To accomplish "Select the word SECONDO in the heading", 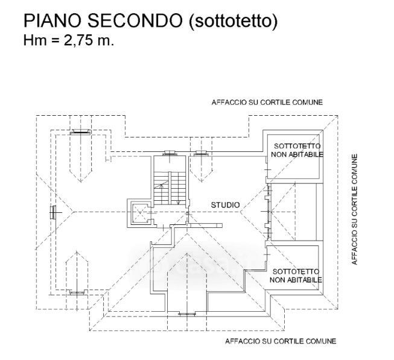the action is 135,21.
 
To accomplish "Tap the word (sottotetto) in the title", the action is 233,21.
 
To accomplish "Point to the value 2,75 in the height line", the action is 78,40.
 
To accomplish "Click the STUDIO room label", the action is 226,205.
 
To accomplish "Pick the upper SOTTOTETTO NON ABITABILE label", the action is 297,150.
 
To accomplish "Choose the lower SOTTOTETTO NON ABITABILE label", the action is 296,276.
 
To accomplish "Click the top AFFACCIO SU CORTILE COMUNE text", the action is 267,103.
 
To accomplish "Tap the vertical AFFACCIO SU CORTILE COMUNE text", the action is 354,209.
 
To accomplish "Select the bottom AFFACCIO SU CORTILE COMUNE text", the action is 281,341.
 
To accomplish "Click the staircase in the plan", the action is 170,188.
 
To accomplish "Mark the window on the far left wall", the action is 53,212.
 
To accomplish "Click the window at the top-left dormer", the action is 80,131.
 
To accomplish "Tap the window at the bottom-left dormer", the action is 77,292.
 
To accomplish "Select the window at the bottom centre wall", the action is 186,314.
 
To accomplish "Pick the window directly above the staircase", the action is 170,153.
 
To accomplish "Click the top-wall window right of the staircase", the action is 201,153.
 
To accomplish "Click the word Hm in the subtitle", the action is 35,40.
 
